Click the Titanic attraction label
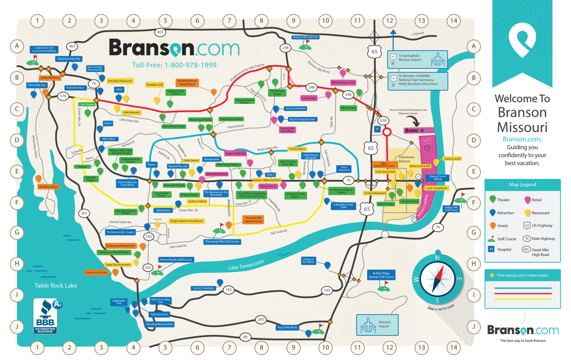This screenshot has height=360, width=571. click(151, 165)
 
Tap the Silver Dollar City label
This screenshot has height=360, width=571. click(37, 85)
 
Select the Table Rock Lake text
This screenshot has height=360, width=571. click(56, 286)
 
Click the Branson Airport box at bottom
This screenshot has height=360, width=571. click(377, 325)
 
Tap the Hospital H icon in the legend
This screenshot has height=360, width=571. click(491, 249)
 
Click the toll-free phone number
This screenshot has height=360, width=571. click(174, 65)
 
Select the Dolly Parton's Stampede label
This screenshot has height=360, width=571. click(311, 156)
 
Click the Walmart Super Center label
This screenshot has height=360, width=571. click(343, 82)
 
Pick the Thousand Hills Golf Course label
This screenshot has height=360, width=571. click(222, 242)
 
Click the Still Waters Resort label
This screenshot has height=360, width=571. click(49, 187)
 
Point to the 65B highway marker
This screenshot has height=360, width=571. click(383, 121)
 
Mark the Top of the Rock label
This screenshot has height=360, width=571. click(287, 327)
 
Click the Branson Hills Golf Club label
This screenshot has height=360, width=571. click(305, 37)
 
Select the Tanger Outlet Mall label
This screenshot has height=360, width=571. click(235, 154)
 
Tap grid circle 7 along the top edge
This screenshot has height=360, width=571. click(229, 21)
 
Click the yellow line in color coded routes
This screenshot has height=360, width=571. click(523, 299)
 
